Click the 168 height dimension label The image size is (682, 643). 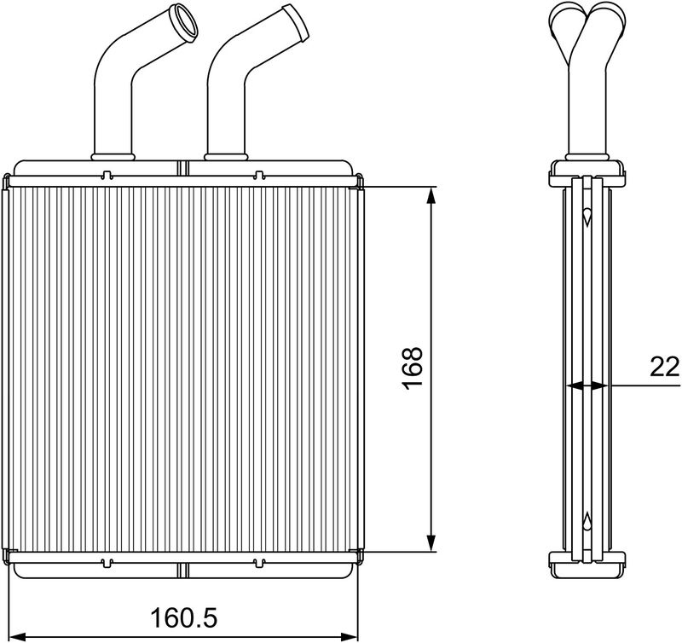coord(412,368)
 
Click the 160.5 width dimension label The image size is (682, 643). coord(183,617)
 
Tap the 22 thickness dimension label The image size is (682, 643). coord(665,367)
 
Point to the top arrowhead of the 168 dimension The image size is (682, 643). coord(431,196)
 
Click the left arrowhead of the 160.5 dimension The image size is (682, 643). coord(17,636)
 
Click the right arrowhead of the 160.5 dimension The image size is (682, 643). coord(349,636)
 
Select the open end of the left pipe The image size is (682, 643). coord(184,23)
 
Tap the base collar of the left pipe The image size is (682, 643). coord(113,156)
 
